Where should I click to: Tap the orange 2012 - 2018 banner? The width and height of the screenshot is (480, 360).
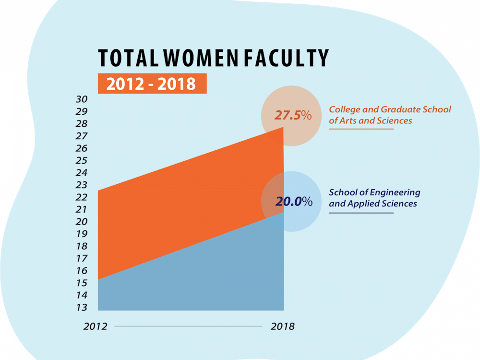tap(152, 84)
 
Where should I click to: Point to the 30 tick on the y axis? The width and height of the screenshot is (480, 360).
tap(81, 99)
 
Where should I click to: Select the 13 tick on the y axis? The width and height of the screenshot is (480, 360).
tap(81, 307)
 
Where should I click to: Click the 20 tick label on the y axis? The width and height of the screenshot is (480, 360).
tap(81, 222)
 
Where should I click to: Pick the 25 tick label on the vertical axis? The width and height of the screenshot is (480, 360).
tap(81, 160)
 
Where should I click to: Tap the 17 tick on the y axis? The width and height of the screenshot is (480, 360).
tap(81, 258)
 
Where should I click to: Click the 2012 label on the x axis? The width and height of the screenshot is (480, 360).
tap(95, 326)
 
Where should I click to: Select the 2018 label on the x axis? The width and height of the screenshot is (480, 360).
tap(282, 326)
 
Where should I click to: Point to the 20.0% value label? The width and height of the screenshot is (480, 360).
tap(293, 202)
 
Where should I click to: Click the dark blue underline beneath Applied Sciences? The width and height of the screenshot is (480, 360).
tap(361, 213)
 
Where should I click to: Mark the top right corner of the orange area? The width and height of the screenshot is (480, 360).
tap(283, 128)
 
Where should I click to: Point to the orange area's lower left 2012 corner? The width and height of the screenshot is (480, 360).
tap(98, 279)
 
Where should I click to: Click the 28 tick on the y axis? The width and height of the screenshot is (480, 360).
tap(81, 124)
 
